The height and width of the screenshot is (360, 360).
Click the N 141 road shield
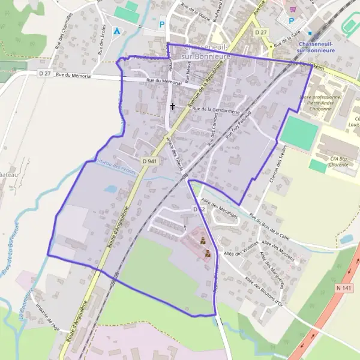coord(344,289)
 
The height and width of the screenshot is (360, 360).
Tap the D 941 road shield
coord(150,161)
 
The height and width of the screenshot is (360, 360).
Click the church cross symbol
coord(173,106)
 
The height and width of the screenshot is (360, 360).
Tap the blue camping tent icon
coord(116,31)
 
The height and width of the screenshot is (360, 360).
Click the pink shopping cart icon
coord(293,10)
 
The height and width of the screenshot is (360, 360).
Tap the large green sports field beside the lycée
coord(298,133)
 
